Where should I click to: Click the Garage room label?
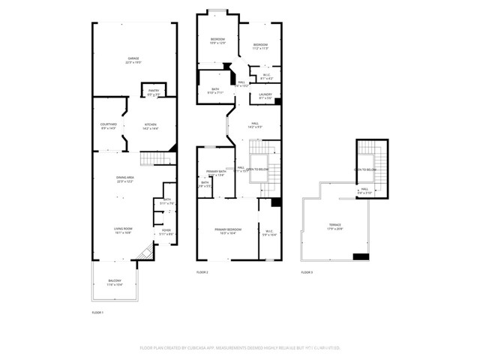(x=133, y=59)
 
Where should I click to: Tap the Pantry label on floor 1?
(x=152, y=94)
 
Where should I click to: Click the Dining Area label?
(x=124, y=178)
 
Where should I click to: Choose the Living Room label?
(x=123, y=231)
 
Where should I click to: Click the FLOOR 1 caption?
(x=97, y=311)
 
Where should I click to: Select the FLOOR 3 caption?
(x=307, y=272)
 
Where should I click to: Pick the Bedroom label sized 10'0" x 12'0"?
(x=217, y=40)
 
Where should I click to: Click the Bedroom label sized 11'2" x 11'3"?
(x=260, y=47)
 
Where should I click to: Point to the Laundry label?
(x=265, y=95)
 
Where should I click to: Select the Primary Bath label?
(x=217, y=173)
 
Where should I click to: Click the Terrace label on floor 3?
(x=334, y=226)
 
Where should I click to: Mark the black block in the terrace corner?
(x=361, y=256)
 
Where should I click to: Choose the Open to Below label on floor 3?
(x=365, y=170)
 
